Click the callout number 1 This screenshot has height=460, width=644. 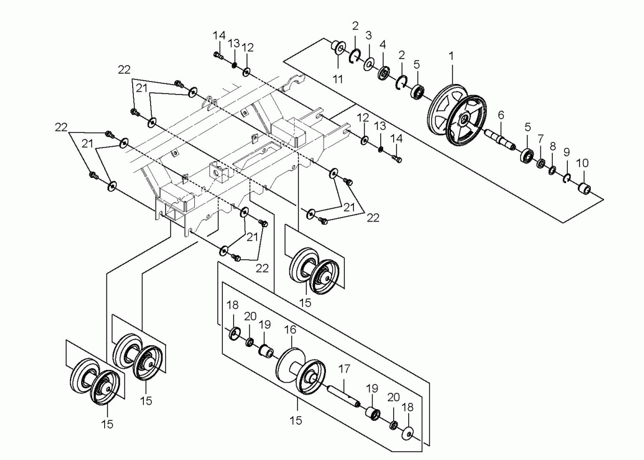pos(451,56)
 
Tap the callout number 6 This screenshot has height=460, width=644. pos(501,115)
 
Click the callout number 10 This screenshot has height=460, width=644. pos(582,163)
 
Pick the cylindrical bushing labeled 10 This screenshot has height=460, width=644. pos(585,189)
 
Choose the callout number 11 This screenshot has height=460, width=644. pos(338,79)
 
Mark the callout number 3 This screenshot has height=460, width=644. pos(368,35)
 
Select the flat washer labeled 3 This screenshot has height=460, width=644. pos(369,64)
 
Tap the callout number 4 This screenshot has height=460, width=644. pos(383,44)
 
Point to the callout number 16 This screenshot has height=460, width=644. pos(290,330)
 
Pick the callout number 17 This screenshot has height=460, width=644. pos(344,369)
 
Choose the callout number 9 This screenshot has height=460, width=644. pos(566,152)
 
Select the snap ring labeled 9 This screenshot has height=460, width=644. pos(567,178)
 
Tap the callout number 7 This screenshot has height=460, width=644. pos(540,139)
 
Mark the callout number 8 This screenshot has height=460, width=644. pos(553,146)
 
